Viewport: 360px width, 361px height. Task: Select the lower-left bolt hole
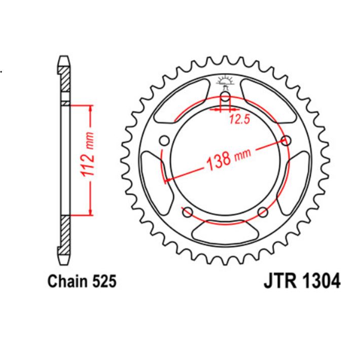pos(187,212)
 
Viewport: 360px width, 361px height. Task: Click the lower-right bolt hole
pos(263,212)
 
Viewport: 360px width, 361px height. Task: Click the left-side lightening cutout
pos(151,173)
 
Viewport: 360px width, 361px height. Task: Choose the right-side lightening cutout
pos(300,173)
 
